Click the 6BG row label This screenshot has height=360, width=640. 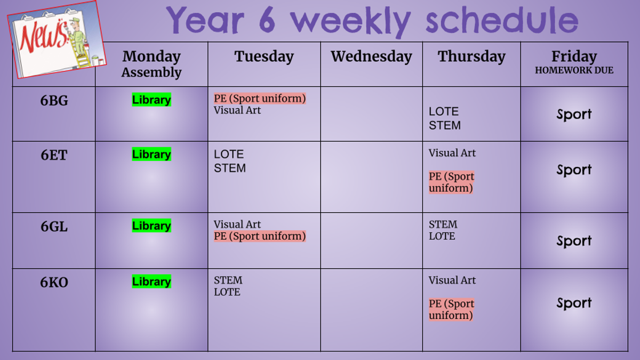point(54,101)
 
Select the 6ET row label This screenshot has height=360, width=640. point(54,155)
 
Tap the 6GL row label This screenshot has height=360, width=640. point(54,227)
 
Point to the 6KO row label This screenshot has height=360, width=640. point(54,282)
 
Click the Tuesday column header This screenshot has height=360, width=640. point(264,57)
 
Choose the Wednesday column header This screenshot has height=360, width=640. point(371,57)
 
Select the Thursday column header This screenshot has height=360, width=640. point(471,57)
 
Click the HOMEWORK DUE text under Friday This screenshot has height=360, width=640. point(574,70)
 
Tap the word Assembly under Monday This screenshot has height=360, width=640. point(151,73)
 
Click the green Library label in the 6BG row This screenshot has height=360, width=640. point(151,100)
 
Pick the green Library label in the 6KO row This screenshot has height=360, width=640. point(151,282)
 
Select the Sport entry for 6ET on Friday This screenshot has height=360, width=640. point(574,170)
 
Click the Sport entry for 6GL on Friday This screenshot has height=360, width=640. point(574,241)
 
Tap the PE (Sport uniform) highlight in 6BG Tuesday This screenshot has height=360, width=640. point(260,99)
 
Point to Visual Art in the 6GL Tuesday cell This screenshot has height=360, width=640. point(237,225)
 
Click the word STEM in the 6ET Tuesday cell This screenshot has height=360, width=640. point(230,169)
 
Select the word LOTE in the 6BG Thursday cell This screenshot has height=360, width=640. point(443,111)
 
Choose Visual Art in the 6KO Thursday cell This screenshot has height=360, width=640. point(452,281)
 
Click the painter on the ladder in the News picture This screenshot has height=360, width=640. point(78,38)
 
